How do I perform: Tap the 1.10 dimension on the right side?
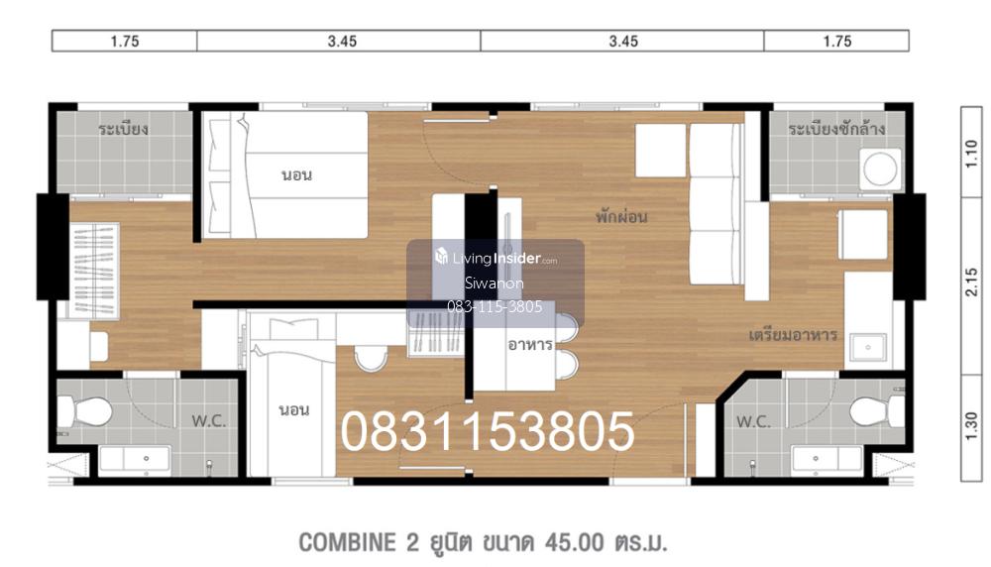971,154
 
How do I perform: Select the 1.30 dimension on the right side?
971,425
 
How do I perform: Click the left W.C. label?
208,421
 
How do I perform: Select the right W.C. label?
753,421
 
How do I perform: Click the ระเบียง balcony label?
123,130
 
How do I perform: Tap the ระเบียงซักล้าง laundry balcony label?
836,129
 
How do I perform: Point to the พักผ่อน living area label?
621,217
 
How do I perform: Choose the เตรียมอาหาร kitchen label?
793,334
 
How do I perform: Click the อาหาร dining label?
530,345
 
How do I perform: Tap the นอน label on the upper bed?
296,174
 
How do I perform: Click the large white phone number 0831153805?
488,431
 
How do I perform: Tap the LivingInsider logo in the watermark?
496,258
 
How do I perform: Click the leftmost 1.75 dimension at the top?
125,41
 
